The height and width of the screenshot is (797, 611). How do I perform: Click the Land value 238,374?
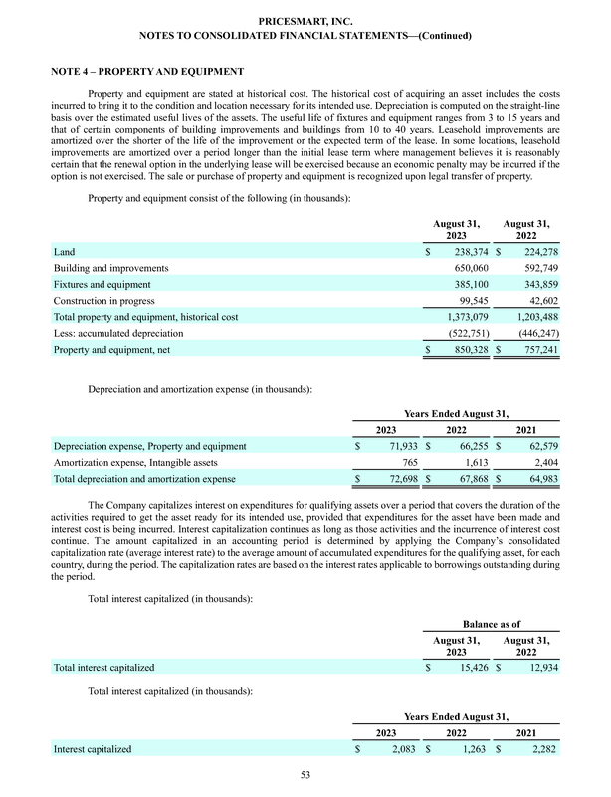click(466, 254)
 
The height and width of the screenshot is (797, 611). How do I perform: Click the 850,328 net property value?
click(466, 350)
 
